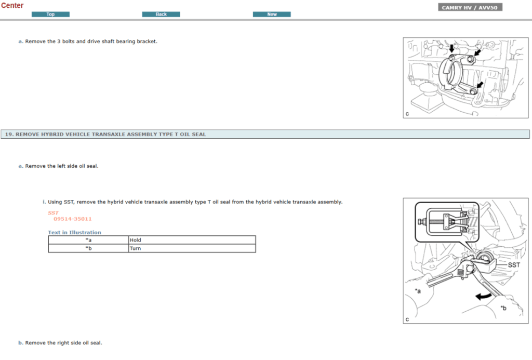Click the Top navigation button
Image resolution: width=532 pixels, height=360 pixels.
50,14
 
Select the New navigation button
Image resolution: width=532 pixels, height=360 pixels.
272,14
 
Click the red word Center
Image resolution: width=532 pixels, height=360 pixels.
12,5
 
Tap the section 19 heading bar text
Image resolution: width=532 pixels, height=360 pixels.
105,134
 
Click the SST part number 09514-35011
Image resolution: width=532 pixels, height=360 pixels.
72,219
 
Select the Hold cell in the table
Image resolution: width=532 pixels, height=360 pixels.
135,240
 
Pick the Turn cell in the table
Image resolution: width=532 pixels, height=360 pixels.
135,248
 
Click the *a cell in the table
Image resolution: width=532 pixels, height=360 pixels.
88,240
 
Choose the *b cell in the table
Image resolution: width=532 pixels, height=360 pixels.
88,248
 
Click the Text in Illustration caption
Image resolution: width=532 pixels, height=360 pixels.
74,232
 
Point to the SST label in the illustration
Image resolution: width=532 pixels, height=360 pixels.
513,264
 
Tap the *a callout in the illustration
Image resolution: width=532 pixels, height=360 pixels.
418,291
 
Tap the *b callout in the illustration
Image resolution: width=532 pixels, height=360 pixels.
503,308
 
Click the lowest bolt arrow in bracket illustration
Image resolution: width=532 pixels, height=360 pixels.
480,84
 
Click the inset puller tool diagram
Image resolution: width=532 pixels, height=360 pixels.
446,222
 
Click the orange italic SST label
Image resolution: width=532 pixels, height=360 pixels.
53,212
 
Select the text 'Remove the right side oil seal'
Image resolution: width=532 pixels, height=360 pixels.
63,343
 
